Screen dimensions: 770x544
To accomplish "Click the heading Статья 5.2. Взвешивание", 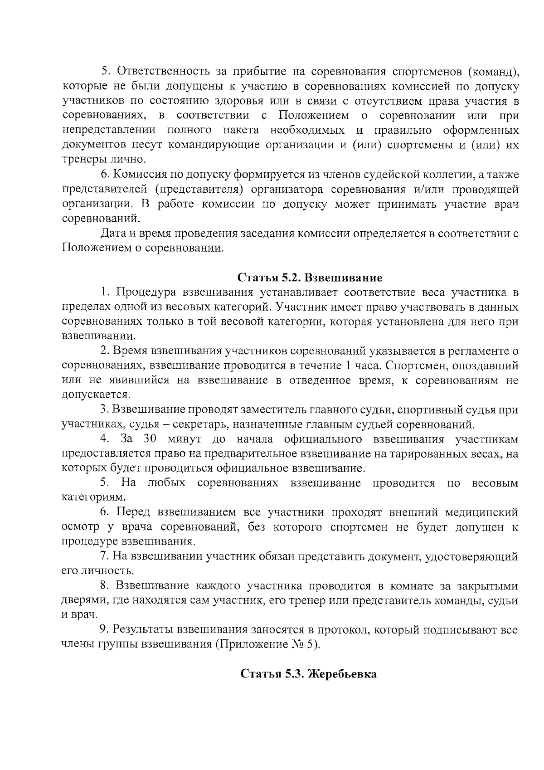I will tap(310, 277).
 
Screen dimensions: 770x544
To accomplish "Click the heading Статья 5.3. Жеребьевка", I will tap(308, 674).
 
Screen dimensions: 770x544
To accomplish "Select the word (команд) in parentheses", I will tap(492, 72).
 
